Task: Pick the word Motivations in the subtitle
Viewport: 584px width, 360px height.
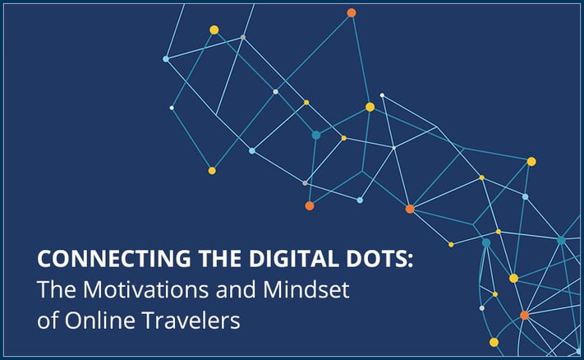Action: coord(147,289)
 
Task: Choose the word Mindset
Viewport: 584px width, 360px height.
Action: coord(306,289)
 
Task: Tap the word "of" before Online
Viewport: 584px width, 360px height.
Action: coord(48,320)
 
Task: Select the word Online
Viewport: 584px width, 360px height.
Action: coord(99,320)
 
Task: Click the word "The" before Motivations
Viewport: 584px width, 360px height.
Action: coord(57,289)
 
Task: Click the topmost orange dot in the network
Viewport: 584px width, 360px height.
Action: coord(352,13)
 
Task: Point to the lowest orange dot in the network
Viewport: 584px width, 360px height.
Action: coord(524,316)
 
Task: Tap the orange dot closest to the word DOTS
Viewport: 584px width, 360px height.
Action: coord(410,209)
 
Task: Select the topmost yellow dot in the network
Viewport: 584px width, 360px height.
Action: coord(214,30)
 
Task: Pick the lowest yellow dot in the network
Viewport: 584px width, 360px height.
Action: coord(494,342)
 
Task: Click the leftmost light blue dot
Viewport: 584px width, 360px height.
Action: coord(166,59)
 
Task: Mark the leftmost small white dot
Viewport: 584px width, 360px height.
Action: coord(172,108)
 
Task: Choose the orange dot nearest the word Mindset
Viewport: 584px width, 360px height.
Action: coord(310,205)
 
